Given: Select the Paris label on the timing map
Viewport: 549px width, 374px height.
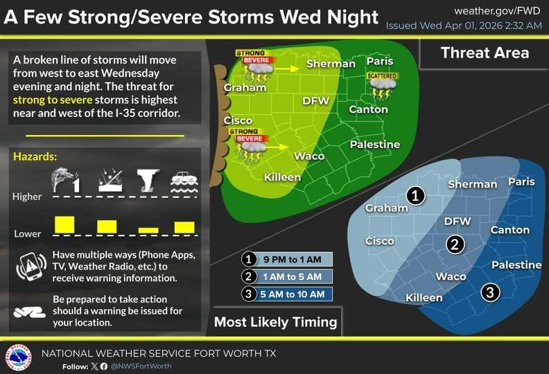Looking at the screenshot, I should pos(521,181).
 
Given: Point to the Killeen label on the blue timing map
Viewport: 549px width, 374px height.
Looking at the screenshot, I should pos(424,298).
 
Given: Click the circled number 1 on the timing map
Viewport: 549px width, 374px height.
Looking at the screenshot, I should pos(415,196).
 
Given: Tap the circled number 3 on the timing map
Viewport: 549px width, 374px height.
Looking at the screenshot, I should pos(490,292).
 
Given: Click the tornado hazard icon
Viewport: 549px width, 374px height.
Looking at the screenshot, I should pos(148,179).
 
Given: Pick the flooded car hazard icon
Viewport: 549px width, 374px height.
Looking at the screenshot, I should pos(184,181).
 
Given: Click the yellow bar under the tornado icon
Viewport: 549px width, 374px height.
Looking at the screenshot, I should pos(148,230).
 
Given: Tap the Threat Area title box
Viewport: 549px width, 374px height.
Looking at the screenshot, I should pos(484,53).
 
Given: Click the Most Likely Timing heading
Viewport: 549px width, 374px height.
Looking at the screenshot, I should pos(275,321).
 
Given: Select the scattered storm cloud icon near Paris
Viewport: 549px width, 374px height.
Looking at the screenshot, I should pos(382,86).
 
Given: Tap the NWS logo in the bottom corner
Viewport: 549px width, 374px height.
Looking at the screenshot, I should pos(18,357).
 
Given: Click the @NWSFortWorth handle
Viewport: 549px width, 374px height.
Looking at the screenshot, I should pos(141,366).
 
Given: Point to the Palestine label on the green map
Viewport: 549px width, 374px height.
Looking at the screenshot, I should pos(375,144).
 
